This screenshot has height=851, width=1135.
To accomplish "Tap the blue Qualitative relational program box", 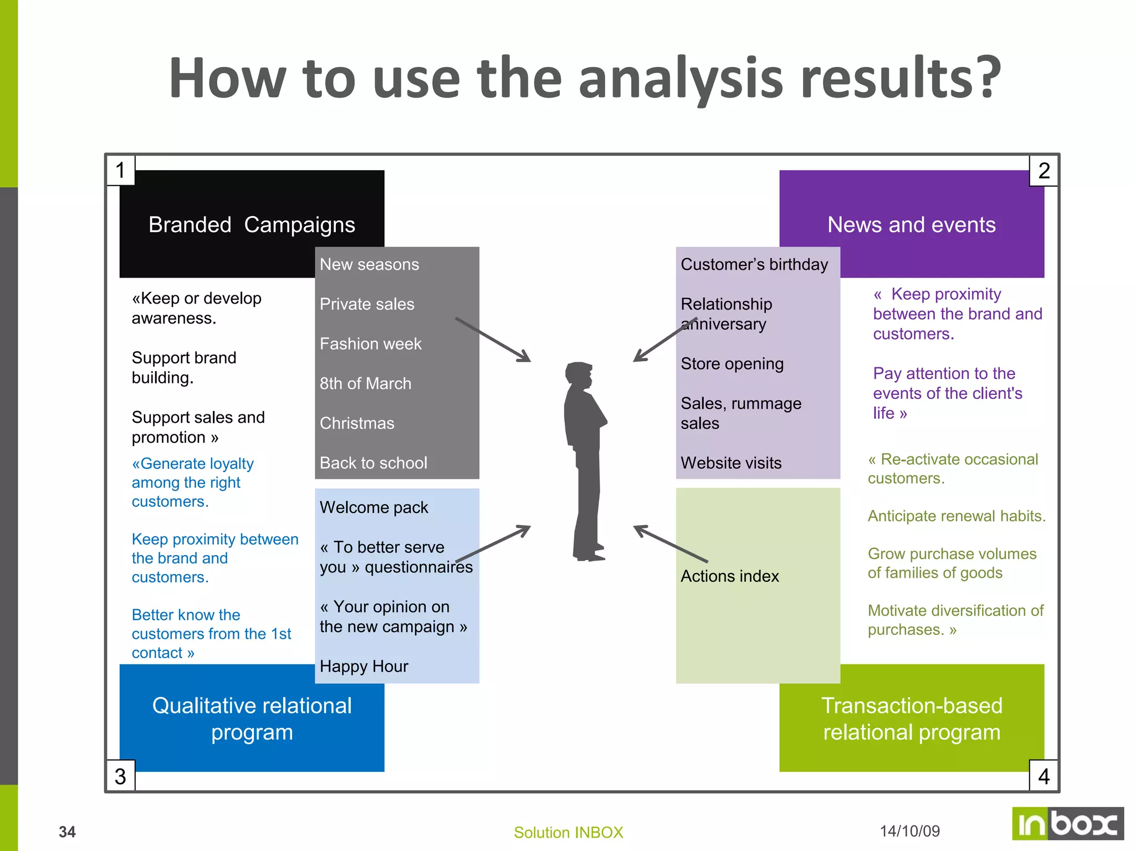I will pyautogui.click(x=252, y=720).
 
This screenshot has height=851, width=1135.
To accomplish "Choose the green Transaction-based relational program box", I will pyautogui.click(x=912, y=720).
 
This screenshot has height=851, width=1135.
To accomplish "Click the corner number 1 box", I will pyautogui.click(x=120, y=170).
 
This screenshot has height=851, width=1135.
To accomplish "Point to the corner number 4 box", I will pyautogui.click(x=1044, y=776).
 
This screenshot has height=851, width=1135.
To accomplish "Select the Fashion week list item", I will pyautogui.click(x=370, y=344).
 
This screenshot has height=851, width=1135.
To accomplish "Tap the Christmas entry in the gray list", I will pyautogui.click(x=357, y=423).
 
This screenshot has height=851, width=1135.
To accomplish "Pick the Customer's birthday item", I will pyautogui.click(x=754, y=264).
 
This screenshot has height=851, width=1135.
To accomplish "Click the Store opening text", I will pyautogui.click(x=732, y=364).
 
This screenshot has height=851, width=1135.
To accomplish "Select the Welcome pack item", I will pyautogui.click(x=374, y=507).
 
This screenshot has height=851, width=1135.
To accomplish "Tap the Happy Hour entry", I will pyautogui.click(x=364, y=667).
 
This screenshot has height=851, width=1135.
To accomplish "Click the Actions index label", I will pyautogui.click(x=729, y=576).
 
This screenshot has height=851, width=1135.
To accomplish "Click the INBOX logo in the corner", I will pyautogui.click(x=1067, y=824).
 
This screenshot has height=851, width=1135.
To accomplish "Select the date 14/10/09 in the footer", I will pyautogui.click(x=909, y=831).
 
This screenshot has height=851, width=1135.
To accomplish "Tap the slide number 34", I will pyautogui.click(x=67, y=832).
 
